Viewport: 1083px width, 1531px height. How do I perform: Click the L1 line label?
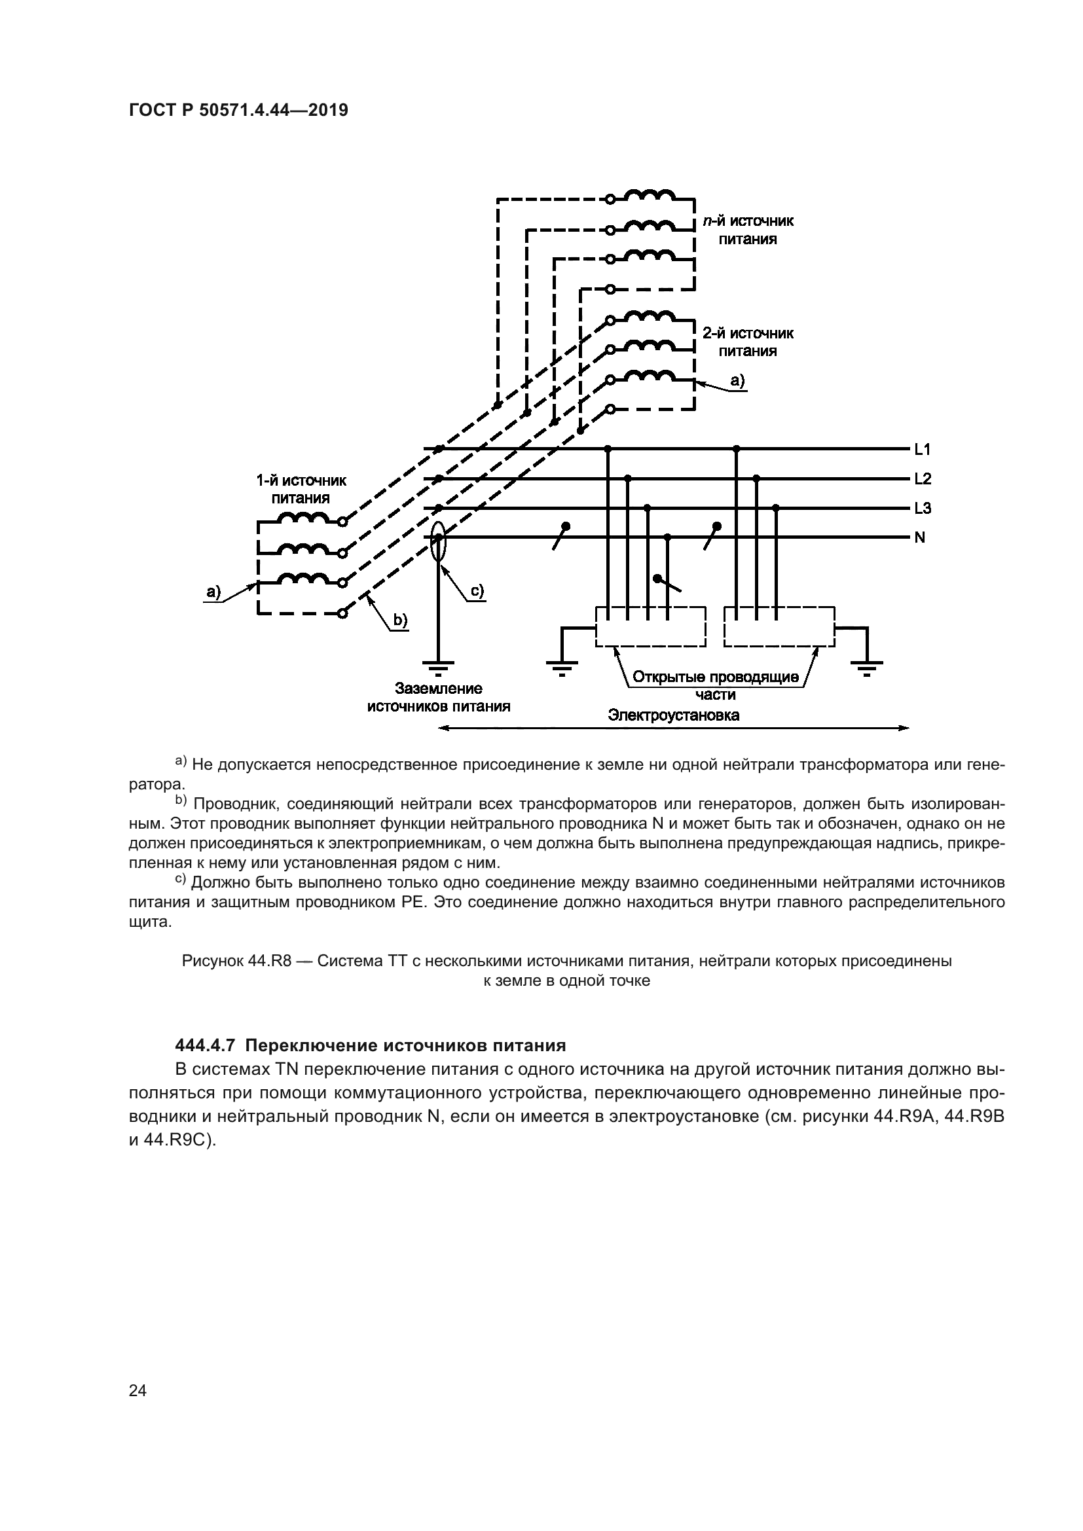923,450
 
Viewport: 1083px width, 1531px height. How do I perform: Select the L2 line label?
923,478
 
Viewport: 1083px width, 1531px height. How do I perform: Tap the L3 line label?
923,509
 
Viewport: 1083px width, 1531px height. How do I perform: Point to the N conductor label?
919,537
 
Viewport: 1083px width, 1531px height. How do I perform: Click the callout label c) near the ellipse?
477,591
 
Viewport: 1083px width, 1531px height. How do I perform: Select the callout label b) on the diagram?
399,620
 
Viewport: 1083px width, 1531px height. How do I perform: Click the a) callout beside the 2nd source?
737,381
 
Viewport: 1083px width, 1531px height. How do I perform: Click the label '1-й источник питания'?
301,490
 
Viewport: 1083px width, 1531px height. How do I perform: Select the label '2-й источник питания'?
748,342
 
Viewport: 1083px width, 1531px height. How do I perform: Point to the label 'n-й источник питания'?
748,230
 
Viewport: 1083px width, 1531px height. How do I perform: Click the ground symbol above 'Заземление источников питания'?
438,667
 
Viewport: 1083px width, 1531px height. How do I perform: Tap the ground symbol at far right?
866,667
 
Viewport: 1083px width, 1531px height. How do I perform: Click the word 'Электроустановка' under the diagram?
673,716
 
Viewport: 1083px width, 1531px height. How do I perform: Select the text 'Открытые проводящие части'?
715,685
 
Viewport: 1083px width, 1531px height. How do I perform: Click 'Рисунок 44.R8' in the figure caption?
237,962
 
